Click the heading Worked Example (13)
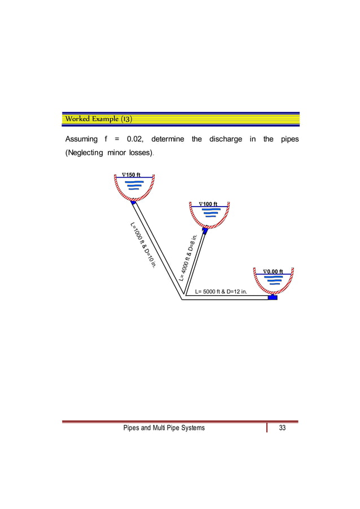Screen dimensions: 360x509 click(99, 119)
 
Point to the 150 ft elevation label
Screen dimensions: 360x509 click(131, 174)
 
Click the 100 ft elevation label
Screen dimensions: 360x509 click(212, 203)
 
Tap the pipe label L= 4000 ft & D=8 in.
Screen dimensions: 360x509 click(188, 257)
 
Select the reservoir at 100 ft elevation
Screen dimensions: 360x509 click(210, 216)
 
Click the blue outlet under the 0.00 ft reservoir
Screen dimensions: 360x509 click(273, 297)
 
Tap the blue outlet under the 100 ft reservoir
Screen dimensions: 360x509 click(205, 230)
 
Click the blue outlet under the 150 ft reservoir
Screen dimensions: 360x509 click(134, 203)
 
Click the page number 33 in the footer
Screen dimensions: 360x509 click(282, 428)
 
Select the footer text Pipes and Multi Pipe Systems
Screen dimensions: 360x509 click(164, 428)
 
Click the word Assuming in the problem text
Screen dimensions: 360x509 click(81, 139)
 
